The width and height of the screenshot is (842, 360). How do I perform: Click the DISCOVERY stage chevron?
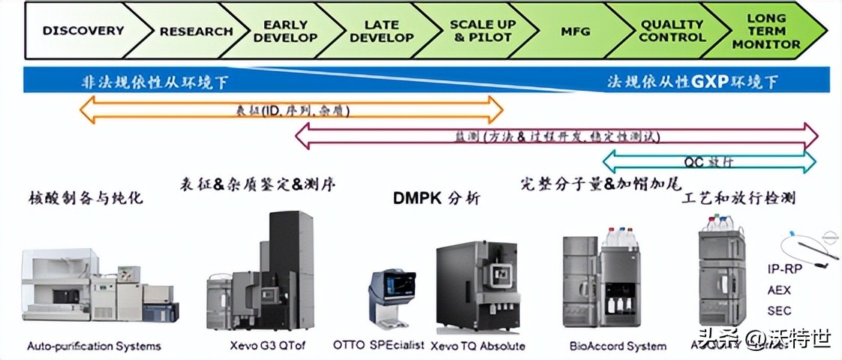coord(83,31)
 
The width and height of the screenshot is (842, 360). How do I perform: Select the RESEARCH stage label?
coord(196,31)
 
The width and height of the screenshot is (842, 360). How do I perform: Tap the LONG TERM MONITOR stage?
coord(766,31)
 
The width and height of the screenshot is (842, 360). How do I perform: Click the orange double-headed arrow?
coord(291,110)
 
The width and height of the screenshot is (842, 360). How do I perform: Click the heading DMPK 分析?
coord(436,199)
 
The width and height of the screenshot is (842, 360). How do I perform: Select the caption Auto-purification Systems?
coord(94,346)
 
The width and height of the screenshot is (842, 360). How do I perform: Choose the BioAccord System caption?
coord(618,346)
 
